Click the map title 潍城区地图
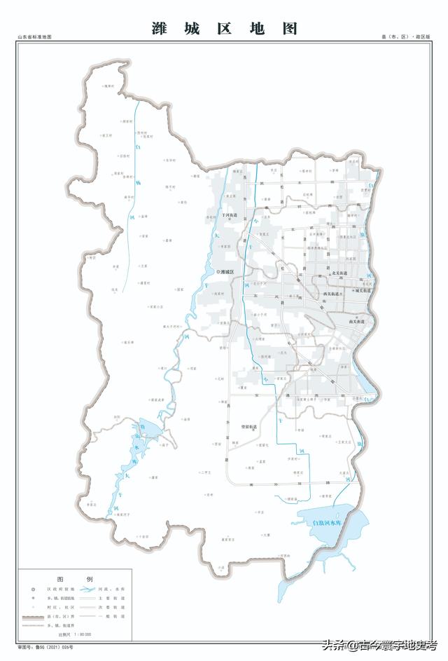(x=224, y=29)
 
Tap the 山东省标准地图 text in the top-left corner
(x=35, y=36)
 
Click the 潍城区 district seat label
(x=228, y=271)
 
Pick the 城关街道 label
(x=363, y=290)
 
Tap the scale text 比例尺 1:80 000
(x=75, y=634)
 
